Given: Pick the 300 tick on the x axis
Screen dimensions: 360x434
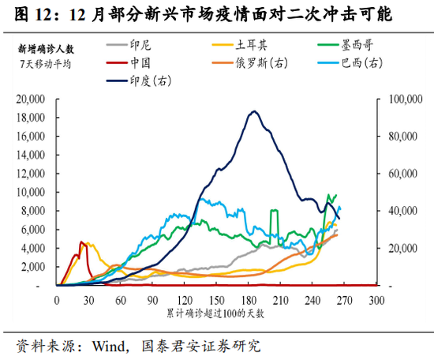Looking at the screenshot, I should click(376, 300).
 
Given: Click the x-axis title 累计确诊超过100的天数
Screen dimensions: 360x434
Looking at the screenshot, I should click(215, 314).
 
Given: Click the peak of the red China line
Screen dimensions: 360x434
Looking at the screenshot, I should click(81, 242).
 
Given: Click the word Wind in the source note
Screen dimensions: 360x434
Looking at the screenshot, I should click(111, 346).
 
